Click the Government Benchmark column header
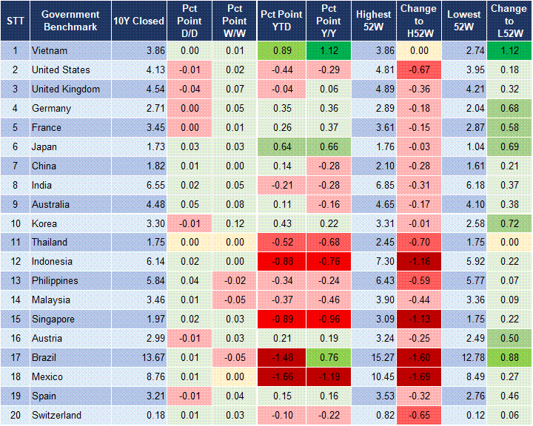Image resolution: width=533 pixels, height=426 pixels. pyautogui.click(x=70, y=21)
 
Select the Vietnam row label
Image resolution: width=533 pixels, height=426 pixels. pyautogui.click(x=49, y=50)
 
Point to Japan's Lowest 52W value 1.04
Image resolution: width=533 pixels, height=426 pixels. pyautogui.click(x=465, y=146)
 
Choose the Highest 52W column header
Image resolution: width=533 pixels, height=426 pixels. pyautogui.click(x=373, y=21)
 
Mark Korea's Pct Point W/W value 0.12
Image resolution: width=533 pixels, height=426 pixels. pyautogui.click(x=235, y=223)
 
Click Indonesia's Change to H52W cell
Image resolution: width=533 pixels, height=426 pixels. pyautogui.click(x=418, y=262)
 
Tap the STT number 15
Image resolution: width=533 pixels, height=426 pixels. pyautogui.click(x=15, y=319)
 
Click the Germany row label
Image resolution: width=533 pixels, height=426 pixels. pyautogui.click(x=51, y=108)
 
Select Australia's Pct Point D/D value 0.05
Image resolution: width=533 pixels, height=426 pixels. pyautogui.click(x=190, y=204)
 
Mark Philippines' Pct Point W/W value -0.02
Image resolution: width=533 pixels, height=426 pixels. pyautogui.click(x=235, y=281)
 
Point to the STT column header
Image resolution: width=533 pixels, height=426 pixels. pyautogui.click(x=15, y=21)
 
